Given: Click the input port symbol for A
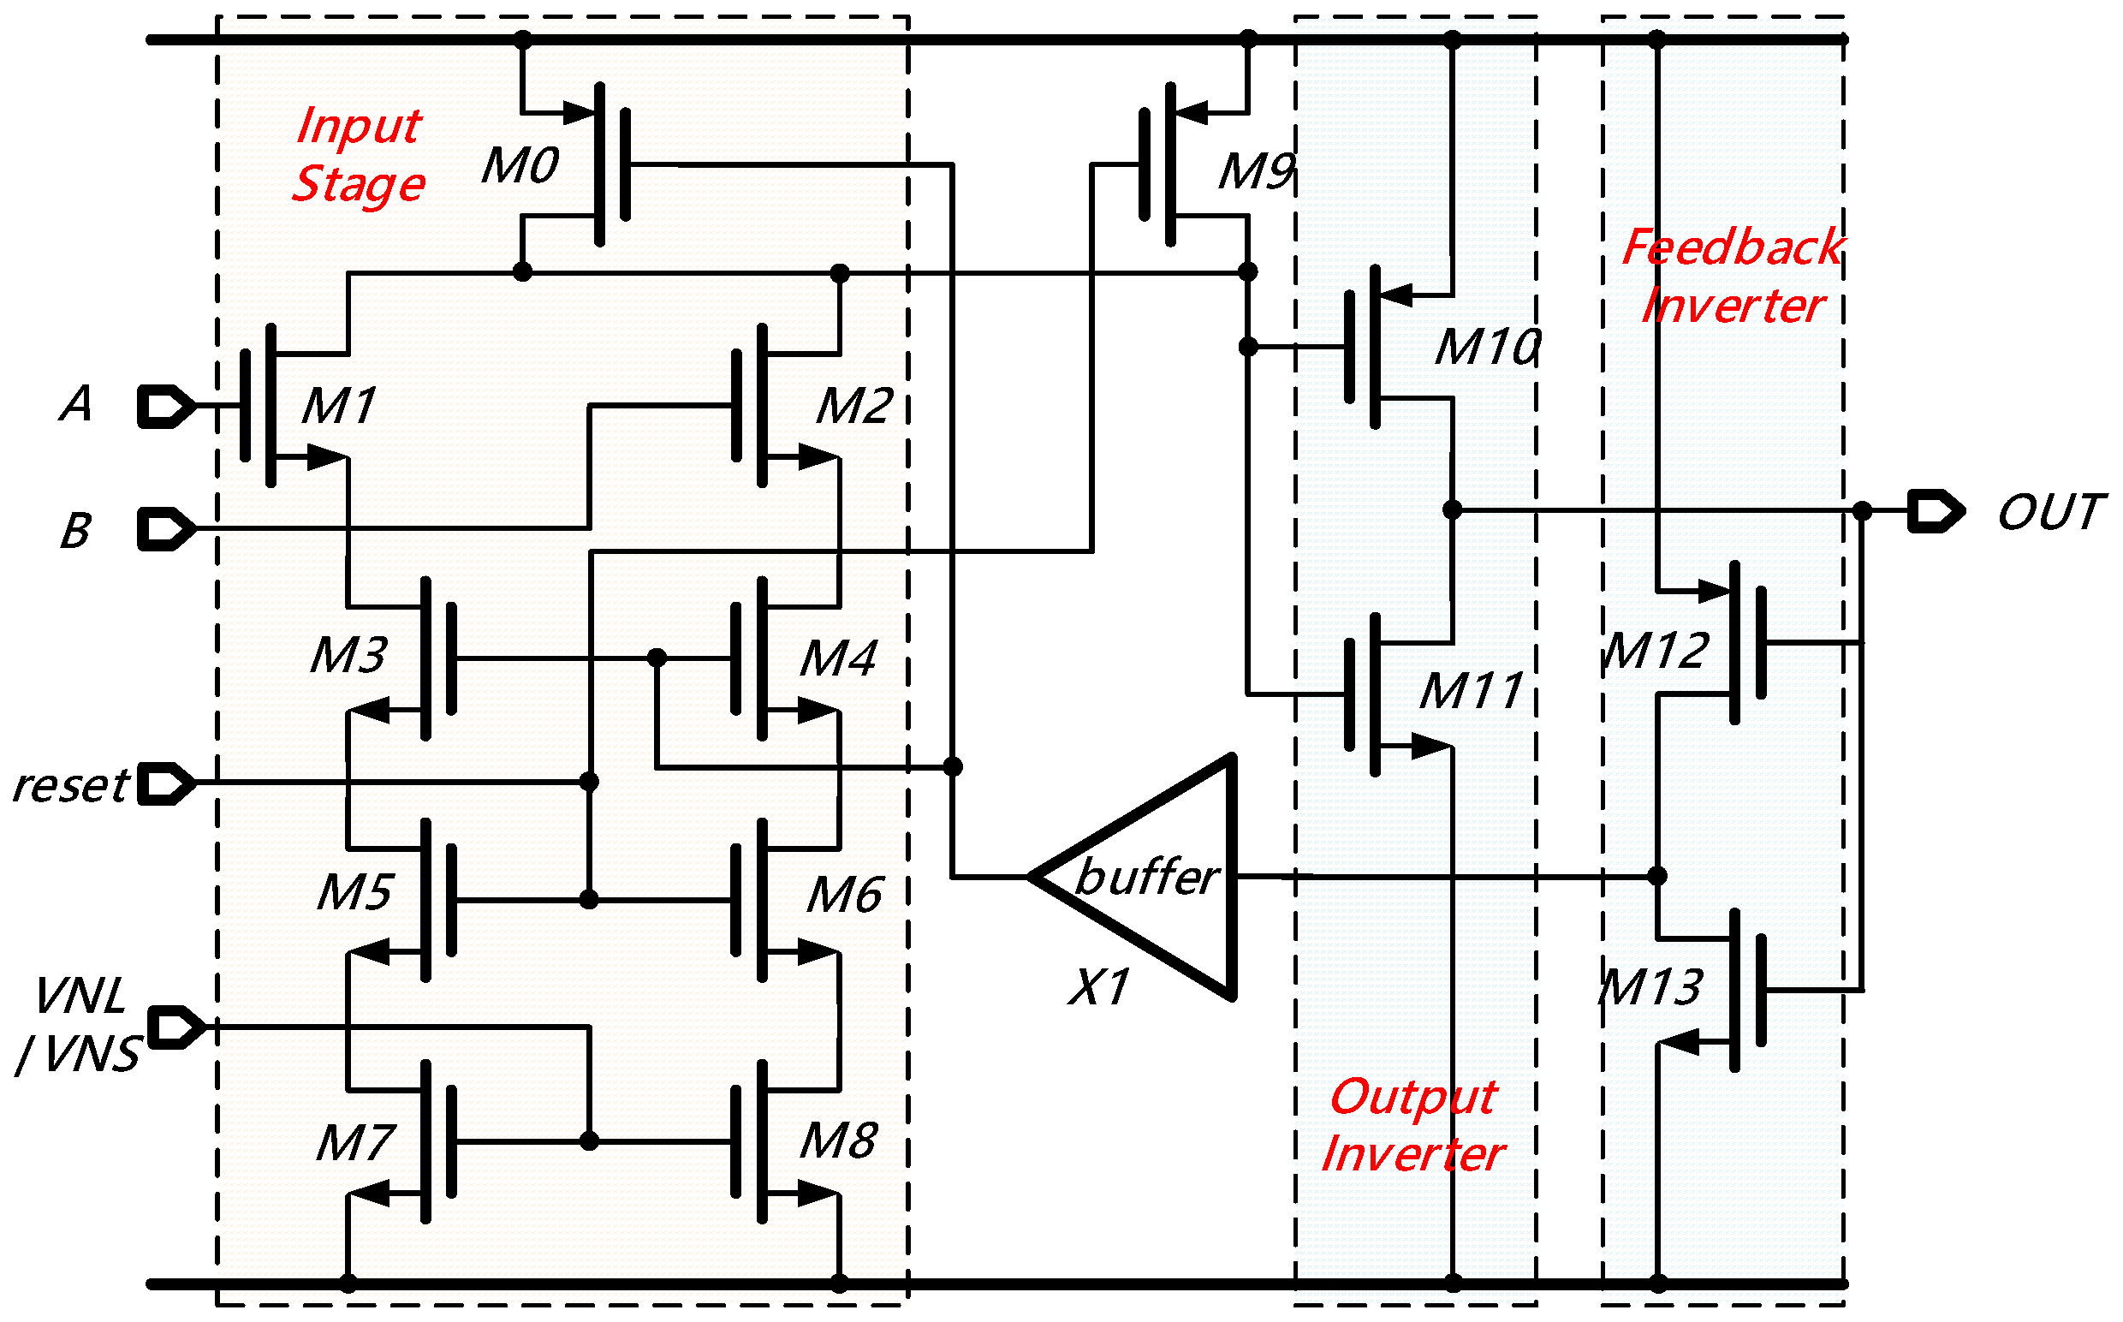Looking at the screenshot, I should pos(166,407).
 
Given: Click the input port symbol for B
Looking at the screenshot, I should pos(166,530).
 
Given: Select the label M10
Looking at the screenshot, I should pos(1488,347).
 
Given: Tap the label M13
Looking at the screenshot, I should pos(1650,989).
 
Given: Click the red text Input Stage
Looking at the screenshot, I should pos(360,155).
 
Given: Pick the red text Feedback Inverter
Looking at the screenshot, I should pos(1733,277).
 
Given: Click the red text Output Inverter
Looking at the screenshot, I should pos(1413,1125).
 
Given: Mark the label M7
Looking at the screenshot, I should pos(356,1144).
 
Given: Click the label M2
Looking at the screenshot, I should pos(854,407).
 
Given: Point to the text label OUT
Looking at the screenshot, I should pos(2050,513).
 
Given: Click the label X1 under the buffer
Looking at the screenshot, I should pos(1098,988).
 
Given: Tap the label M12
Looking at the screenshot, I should pos(1656,652).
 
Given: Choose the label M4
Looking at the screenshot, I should pos(838,659).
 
